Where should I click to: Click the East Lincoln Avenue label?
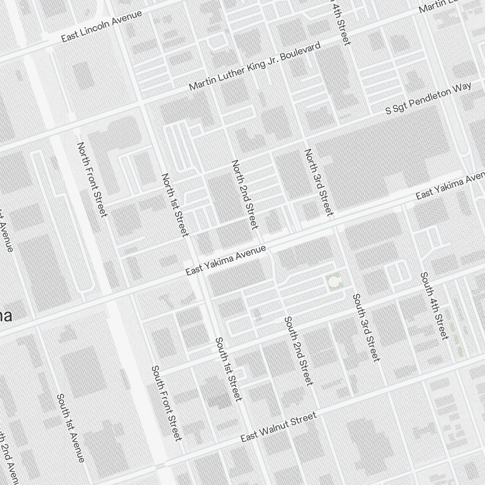102,26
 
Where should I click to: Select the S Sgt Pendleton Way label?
428,98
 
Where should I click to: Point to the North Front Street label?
92,179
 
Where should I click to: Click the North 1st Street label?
175,205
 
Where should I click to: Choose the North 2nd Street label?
244,194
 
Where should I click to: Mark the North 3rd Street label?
319,182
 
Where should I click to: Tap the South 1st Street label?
228,369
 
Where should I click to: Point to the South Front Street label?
167,403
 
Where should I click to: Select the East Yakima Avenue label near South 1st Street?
226,261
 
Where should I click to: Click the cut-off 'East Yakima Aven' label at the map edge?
450,186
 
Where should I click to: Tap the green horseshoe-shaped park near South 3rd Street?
334,282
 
